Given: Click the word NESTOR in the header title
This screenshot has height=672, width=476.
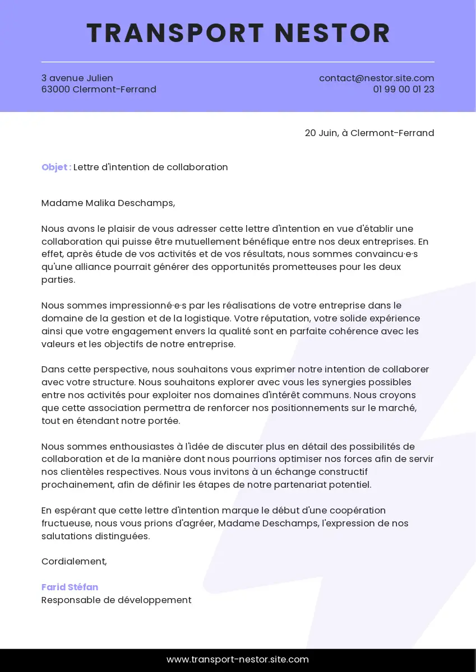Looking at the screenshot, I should point(332,33).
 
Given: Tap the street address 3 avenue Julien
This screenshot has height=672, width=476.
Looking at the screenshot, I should point(77,78).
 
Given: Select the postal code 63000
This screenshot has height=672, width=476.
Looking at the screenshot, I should point(56,90).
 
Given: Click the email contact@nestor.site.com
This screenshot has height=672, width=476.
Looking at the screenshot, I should point(376,78).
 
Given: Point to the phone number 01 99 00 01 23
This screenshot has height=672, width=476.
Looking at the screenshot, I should point(404,90).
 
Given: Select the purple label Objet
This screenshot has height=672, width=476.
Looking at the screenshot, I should point(56,167).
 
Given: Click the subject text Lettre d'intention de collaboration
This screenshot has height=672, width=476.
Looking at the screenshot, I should point(151,167).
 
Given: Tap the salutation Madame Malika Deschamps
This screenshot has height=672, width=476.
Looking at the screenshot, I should point(108,203).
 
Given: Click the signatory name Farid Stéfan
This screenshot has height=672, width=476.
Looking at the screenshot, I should point(70,587).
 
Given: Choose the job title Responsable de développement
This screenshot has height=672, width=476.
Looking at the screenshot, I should point(116,600).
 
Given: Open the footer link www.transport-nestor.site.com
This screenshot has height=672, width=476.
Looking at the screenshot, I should point(238,660).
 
